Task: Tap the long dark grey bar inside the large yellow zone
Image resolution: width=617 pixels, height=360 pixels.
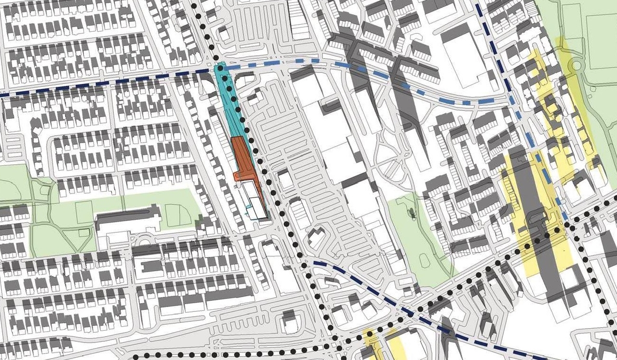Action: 530,202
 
